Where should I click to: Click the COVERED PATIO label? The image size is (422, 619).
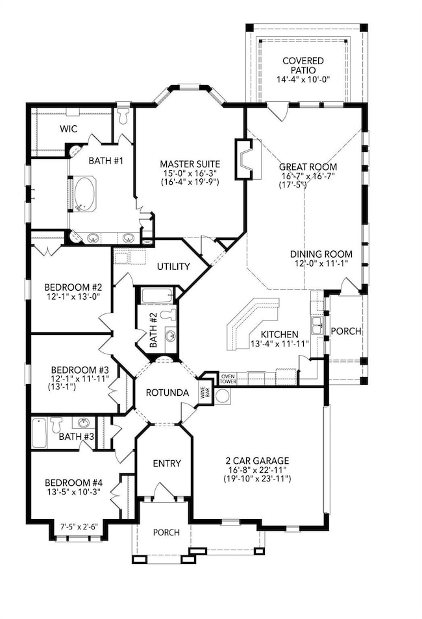click(303, 66)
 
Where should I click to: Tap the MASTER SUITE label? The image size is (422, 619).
click(190, 164)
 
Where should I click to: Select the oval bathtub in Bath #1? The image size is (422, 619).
click(85, 194)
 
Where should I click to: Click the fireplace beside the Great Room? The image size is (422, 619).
click(244, 159)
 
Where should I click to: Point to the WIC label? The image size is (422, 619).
click(69, 128)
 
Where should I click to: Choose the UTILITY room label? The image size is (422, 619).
click(173, 267)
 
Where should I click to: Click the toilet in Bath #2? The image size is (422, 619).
click(169, 315)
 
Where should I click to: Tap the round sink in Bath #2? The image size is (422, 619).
click(170, 336)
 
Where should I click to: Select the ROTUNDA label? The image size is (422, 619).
click(167, 393)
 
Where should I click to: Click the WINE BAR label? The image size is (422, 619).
click(205, 393)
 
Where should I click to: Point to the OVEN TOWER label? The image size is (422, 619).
click(228, 379)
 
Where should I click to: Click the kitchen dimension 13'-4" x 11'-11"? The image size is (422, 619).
click(279, 343)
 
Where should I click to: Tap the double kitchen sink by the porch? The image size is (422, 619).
click(317, 325)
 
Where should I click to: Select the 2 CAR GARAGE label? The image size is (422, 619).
click(257, 461)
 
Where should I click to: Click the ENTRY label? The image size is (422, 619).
click(167, 463)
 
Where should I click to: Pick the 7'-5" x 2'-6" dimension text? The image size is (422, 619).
click(79, 527)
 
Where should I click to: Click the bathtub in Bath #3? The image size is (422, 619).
click(39, 433)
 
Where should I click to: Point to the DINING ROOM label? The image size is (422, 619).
click(321, 254)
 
